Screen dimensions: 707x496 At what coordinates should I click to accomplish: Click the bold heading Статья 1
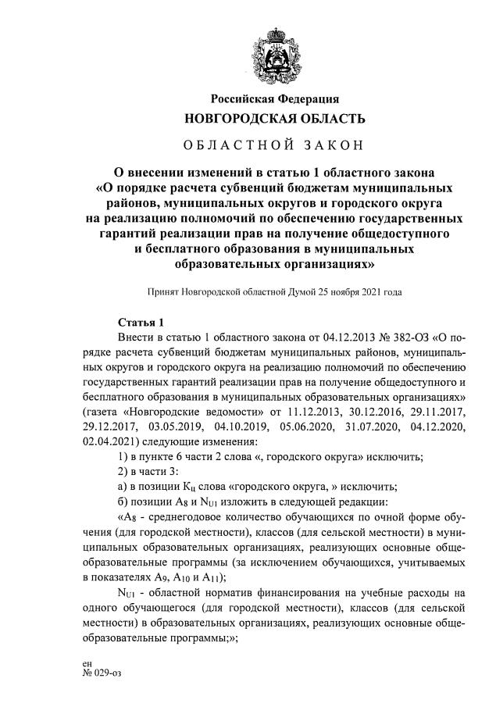click(141, 322)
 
